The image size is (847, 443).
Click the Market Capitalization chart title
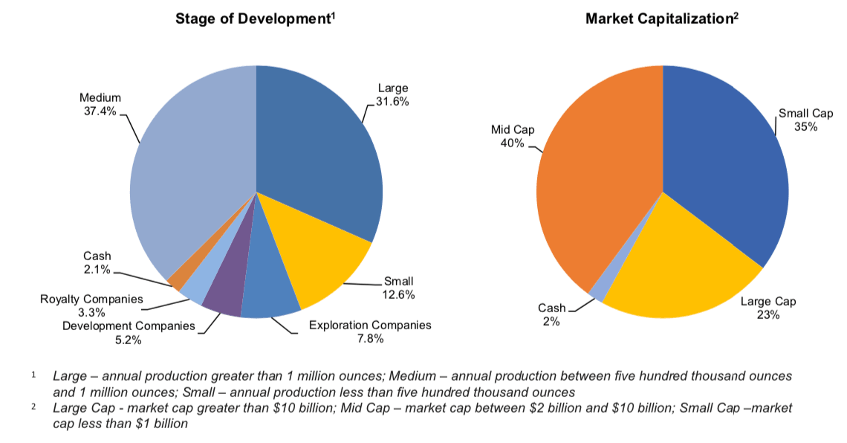pyautogui.click(x=661, y=19)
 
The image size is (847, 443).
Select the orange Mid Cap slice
pyautogui.click(x=594, y=186)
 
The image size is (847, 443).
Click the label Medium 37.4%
pyautogui.click(x=100, y=104)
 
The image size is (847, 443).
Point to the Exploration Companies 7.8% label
pyautogui.click(x=370, y=332)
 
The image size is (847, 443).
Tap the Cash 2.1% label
pyautogui.click(x=97, y=262)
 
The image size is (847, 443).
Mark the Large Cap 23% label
pyautogui.click(x=768, y=308)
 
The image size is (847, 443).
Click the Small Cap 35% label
pyautogui.click(x=806, y=120)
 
